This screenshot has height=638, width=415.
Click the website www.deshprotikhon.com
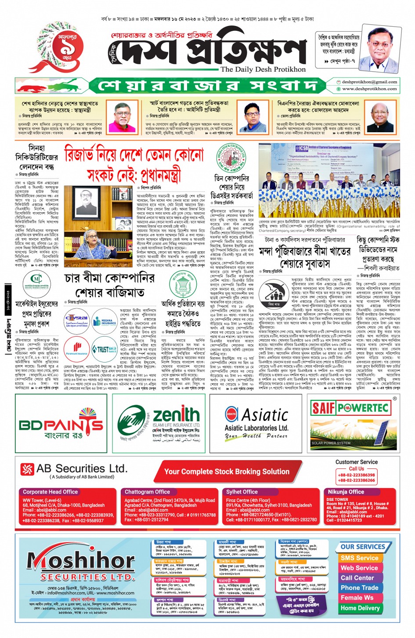(x=369, y=89)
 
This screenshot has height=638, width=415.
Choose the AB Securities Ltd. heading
(x=82, y=469)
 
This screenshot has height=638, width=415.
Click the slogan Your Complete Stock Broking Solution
(x=227, y=471)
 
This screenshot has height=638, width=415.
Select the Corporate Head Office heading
(x=50, y=492)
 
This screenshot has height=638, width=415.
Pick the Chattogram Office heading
(x=147, y=492)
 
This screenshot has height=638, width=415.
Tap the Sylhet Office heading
(x=242, y=492)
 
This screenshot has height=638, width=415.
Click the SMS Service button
(x=359, y=558)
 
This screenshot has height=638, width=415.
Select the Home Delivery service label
(x=360, y=608)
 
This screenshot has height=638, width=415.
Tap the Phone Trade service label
(x=359, y=588)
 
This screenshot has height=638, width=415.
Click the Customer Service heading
(x=356, y=462)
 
